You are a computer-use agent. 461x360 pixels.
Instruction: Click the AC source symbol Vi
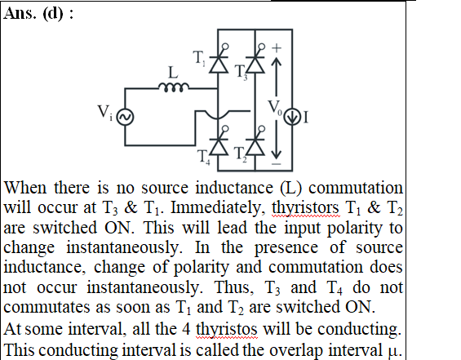126,117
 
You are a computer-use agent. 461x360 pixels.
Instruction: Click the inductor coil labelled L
174,87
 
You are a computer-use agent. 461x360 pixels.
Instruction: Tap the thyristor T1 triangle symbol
219,64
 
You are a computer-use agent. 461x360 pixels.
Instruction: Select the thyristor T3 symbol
255,64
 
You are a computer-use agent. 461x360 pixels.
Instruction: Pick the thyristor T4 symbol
219,146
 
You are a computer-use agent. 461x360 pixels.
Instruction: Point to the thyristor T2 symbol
255,146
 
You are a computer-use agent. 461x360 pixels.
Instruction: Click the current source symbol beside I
292,117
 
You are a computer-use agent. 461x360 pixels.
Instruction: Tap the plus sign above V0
277,47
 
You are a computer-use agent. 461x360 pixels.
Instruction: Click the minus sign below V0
277,164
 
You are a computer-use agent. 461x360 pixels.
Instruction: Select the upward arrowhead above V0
276,61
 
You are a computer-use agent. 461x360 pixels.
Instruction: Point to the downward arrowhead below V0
276,154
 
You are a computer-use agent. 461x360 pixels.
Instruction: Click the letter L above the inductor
173,73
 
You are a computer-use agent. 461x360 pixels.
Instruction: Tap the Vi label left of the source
105,113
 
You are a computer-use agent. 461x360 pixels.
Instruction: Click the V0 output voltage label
275,108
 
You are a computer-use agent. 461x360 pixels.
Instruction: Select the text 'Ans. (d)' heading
33,13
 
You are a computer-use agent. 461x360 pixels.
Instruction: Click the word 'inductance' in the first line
234,188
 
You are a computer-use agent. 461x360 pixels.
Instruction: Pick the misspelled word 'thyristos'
226,329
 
